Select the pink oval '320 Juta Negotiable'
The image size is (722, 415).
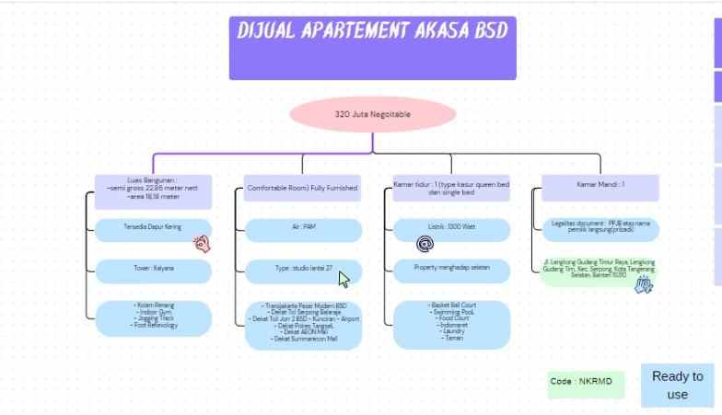click(x=373, y=115)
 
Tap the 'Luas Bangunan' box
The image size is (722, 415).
click(x=153, y=189)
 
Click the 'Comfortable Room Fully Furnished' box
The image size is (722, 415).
click(x=303, y=189)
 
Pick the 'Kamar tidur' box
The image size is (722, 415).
click(x=451, y=189)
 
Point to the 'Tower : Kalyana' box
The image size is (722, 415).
click(x=153, y=271)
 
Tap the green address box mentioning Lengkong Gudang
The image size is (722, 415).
click(x=599, y=271)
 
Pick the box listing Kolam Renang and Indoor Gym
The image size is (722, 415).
click(x=153, y=316)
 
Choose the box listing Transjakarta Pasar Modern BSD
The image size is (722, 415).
click(x=303, y=324)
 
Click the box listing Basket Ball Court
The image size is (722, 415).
click(x=451, y=324)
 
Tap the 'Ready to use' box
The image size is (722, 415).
click(x=677, y=385)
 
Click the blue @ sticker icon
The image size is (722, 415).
click(x=425, y=244)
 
